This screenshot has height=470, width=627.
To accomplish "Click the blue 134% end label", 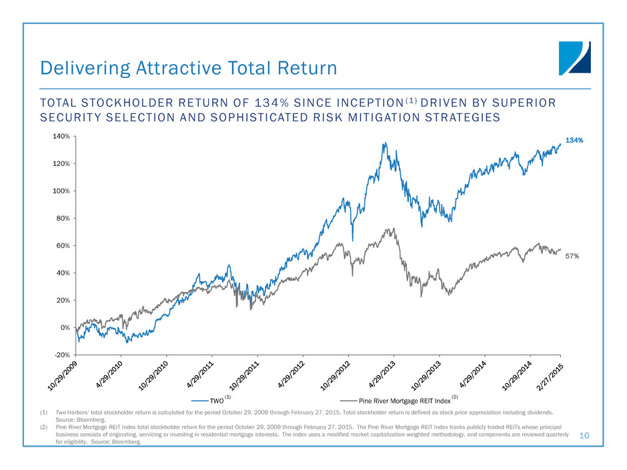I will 574,141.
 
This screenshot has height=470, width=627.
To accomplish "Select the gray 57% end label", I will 572,255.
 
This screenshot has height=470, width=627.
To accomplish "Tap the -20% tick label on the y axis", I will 62,355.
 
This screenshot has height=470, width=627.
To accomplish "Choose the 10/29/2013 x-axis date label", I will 427,377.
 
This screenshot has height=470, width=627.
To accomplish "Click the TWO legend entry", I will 216,401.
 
